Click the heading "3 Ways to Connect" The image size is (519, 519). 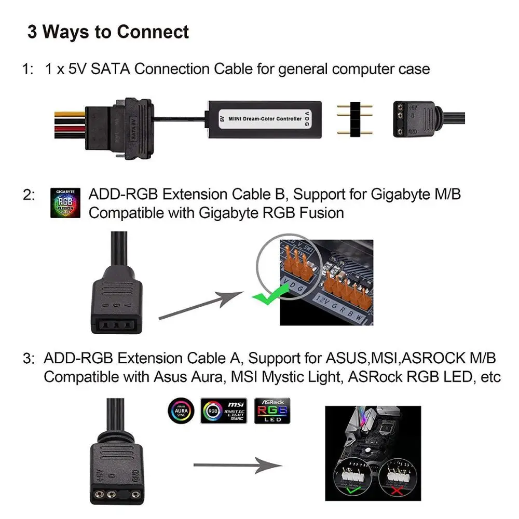[108, 32]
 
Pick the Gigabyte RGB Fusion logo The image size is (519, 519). [65, 203]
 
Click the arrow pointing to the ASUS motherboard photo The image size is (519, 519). [234, 466]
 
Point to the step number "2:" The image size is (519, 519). [29, 195]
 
